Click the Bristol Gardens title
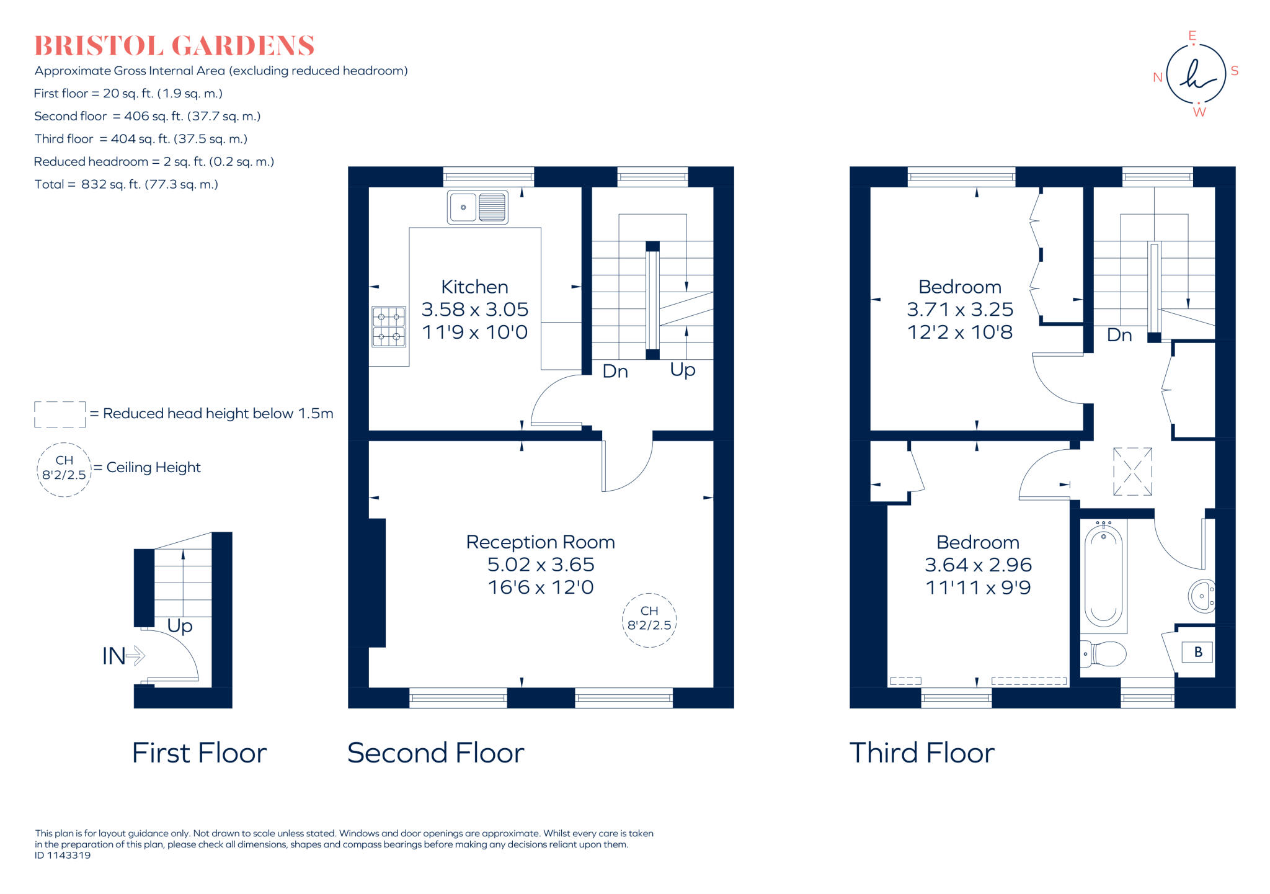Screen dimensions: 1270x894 [x=174, y=46]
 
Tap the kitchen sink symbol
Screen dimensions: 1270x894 [x=477, y=207]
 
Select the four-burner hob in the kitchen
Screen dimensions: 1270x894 [x=389, y=327]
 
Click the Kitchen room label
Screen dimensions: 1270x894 [x=474, y=287]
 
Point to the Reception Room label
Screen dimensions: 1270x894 [x=540, y=542]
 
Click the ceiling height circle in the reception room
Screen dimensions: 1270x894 [x=649, y=620]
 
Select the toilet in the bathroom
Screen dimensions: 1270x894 [x=1103, y=654]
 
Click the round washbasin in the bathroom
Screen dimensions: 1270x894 [x=1202, y=596]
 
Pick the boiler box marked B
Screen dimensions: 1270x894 [x=1197, y=652]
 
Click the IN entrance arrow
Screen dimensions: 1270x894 [x=123, y=656]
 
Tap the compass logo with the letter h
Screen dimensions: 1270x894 [x=1196, y=73]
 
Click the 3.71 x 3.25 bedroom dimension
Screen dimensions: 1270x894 [x=960, y=310]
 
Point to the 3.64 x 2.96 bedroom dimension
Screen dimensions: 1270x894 [x=978, y=565]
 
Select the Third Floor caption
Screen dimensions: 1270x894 [x=921, y=753]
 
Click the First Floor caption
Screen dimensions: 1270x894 [x=199, y=753]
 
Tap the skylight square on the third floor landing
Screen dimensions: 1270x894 [x=1132, y=472]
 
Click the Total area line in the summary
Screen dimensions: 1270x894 [x=126, y=184]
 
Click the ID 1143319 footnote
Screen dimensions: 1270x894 [x=63, y=856]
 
